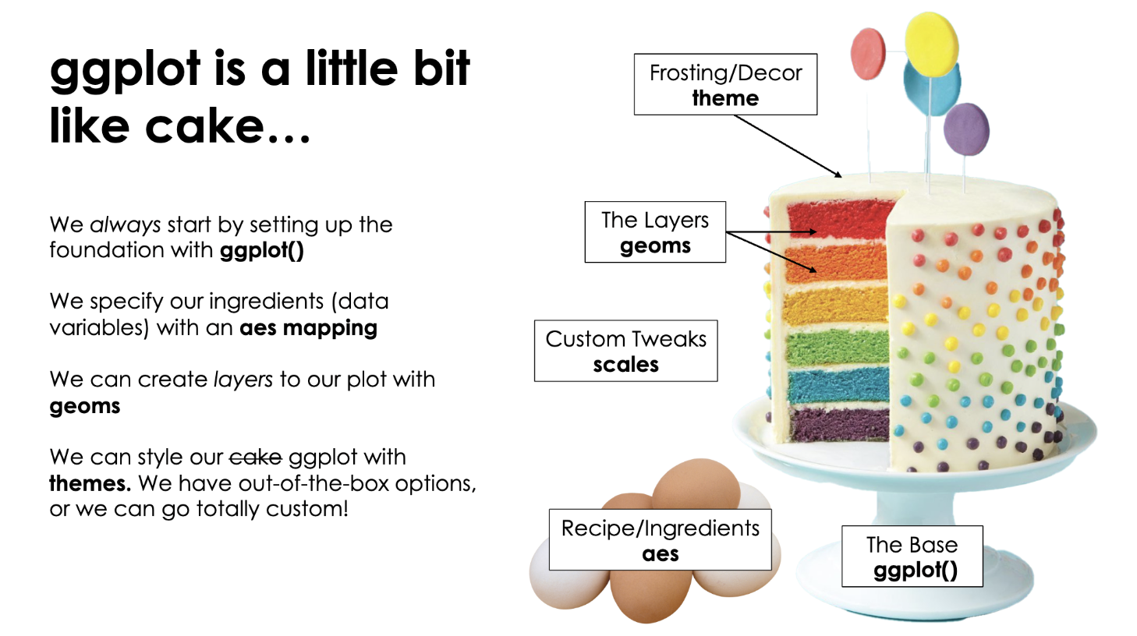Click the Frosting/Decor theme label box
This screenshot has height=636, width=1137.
click(725, 84)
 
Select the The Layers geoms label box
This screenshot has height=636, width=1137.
click(655, 232)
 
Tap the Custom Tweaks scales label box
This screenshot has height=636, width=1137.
click(625, 351)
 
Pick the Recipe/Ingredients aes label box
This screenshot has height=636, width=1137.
click(660, 540)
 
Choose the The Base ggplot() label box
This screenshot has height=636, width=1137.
click(912, 556)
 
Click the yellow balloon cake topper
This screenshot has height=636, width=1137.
click(931, 44)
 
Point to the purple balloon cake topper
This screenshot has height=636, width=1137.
click(966, 129)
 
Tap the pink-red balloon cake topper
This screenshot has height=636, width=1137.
click(868, 54)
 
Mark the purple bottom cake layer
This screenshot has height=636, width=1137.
click(838, 423)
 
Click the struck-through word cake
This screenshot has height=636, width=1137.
click(255, 457)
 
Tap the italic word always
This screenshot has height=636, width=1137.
click(126, 225)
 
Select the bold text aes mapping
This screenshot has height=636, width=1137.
click(308, 328)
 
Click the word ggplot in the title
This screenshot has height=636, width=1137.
click(126, 70)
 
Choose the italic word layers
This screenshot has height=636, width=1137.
click(243, 380)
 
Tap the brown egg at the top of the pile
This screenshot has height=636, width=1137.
click(696, 484)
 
